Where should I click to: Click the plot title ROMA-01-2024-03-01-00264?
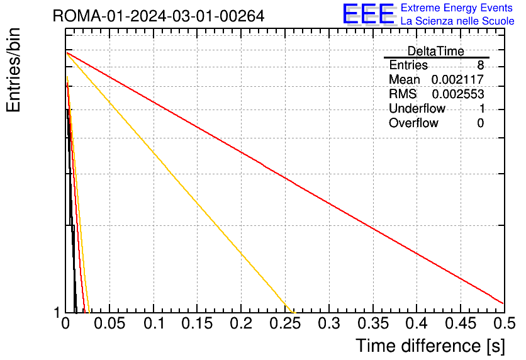click(x=159, y=16)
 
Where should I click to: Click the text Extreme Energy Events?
click(x=457, y=8)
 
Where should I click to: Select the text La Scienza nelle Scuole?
click(x=457, y=21)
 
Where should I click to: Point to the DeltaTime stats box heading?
click(x=436, y=51)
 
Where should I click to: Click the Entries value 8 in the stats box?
click(x=480, y=65)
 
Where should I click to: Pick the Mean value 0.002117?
click(x=457, y=79)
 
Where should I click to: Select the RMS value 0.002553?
click(x=458, y=94)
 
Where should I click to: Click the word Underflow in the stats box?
click(x=417, y=108)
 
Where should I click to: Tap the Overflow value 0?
click(x=480, y=123)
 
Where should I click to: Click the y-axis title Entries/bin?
click(x=13, y=70)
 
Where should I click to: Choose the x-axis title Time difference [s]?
click(x=430, y=346)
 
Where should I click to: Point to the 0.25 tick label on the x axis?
click(x=285, y=323)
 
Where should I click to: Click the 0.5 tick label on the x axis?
click(x=504, y=323)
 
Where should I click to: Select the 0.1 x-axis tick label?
click(x=154, y=323)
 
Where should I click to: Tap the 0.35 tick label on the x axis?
click(x=373, y=323)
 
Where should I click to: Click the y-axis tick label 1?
click(x=57, y=313)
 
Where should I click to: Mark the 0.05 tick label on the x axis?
click(x=109, y=323)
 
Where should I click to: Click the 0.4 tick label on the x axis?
click(x=417, y=323)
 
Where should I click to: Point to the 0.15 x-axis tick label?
click(x=198, y=323)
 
